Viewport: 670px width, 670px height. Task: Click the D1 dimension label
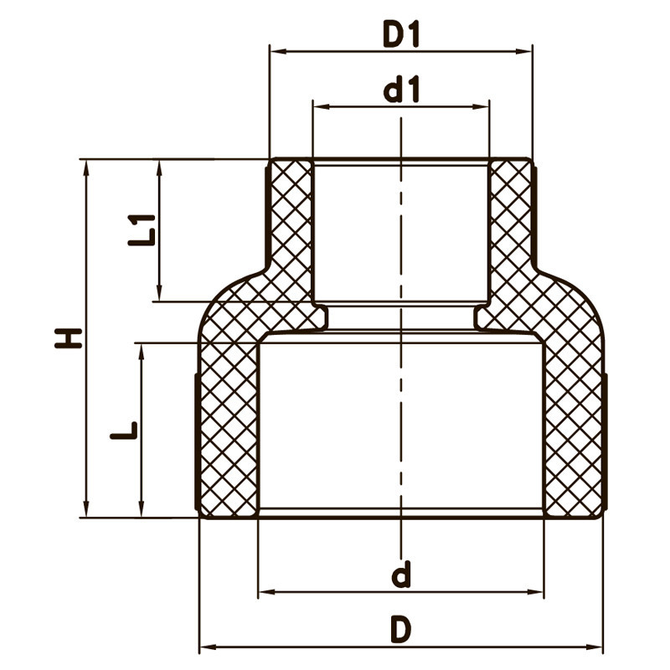[x=401, y=34]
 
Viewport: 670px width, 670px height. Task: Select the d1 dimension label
[x=401, y=90]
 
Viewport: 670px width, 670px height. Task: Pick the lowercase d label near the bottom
[x=402, y=575]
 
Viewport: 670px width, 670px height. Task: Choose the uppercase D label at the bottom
[x=402, y=629]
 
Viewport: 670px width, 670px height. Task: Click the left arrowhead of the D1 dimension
[x=275, y=51]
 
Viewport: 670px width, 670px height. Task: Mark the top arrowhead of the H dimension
[x=85, y=166]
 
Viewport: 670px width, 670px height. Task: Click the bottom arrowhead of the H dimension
[x=85, y=511]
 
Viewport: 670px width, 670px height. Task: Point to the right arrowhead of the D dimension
[x=596, y=647]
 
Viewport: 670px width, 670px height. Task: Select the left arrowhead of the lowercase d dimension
[x=264, y=592]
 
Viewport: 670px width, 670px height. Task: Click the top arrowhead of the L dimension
[x=141, y=349]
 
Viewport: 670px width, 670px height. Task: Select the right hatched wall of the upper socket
[x=510, y=218]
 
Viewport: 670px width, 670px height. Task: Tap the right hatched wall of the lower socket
[x=574, y=427]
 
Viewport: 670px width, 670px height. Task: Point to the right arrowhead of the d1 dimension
[x=483, y=106]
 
